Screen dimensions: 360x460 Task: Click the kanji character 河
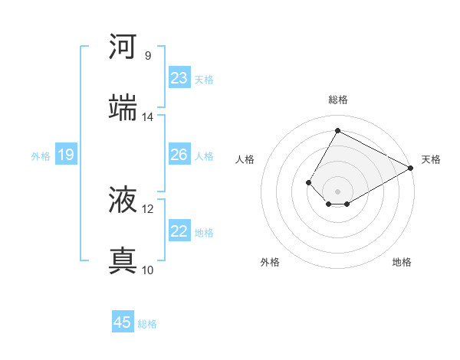point(123,47)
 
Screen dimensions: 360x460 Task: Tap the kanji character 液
point(123,200)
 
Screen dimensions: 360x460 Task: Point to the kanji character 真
point(123,260)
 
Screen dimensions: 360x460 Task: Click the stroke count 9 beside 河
point(147,55)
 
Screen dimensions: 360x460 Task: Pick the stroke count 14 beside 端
point(148,116)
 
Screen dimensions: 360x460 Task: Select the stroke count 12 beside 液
point(148,208)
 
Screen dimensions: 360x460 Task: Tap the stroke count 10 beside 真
point(148,270)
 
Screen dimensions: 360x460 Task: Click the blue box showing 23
point(179,78)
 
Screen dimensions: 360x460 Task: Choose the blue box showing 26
point(179,155)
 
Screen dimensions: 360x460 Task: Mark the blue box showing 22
point(179,231)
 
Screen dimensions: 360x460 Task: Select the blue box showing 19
point(65,155)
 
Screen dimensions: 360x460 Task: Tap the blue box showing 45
point(123,322)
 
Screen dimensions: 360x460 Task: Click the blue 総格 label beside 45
point(147,324)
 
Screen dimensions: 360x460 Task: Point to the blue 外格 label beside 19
point(41,156)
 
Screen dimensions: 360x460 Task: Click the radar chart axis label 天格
point(431,159)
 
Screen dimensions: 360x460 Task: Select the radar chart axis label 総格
point(338,100)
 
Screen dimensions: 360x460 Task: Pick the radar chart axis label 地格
point(402,262)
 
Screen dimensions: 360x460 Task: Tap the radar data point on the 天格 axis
point(411,169)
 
